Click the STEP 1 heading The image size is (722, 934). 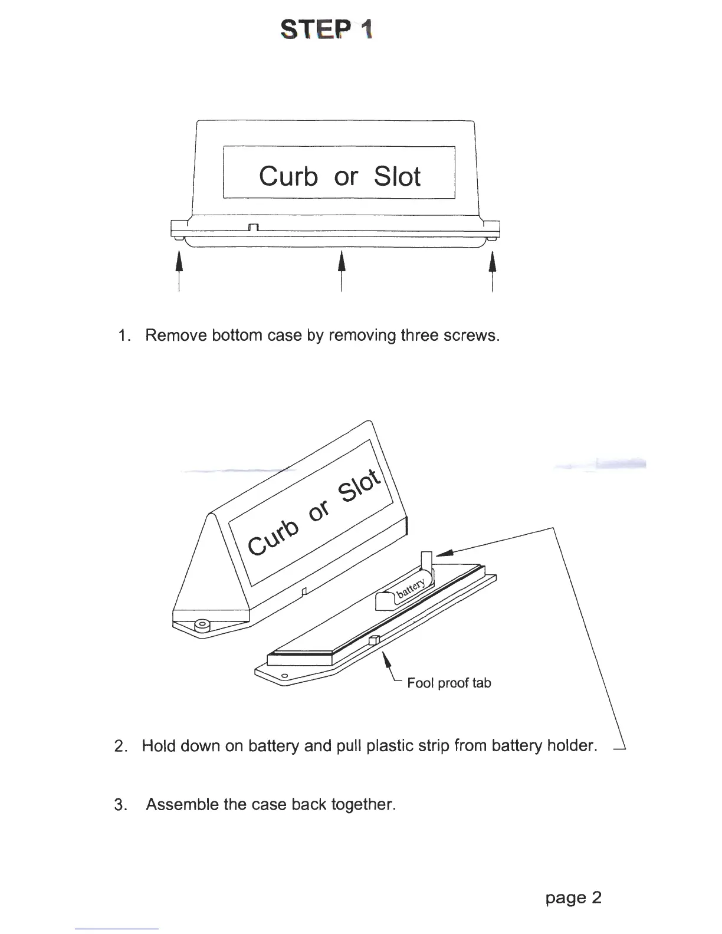tap(326, 29)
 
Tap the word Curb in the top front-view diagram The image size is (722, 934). tap(288, 176)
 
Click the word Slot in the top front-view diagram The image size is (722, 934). tap(397, 176)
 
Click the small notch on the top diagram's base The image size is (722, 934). tap(254, 228)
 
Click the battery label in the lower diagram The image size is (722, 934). tap(411, 588)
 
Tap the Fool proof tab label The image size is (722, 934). tap(449, 683)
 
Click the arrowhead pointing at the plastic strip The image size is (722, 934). tap(445, 552)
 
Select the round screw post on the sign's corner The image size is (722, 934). tap(204, 624)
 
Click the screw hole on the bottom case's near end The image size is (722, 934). tap(284, 675)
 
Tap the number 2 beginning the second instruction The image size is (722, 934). tap(120, 746)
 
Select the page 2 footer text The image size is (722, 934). tap(573, 897)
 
